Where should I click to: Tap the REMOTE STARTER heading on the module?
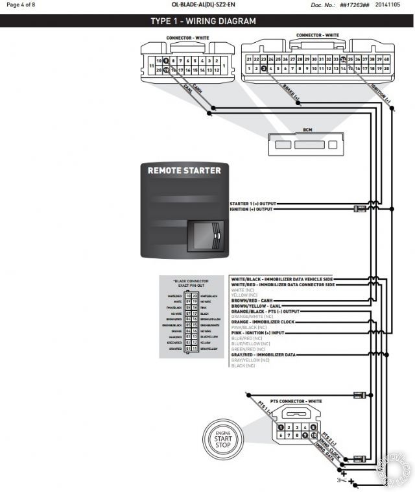tap(184, 171)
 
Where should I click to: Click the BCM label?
tap(307, 130)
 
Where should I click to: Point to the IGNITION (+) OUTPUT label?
tap(252, 209)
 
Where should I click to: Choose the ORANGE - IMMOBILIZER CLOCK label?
tap(263, 322)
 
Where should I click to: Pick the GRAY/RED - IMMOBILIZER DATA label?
tap(263, 355)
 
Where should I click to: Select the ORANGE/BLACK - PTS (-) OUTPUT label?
tap(265, 311)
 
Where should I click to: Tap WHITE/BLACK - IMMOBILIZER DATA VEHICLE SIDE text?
tap(281, 278)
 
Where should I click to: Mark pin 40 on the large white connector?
tap(386, 58)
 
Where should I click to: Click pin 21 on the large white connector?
tap(249, 58)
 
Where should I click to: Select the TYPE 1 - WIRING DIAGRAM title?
tap(203, 21)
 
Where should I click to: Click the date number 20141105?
tap(396, 5)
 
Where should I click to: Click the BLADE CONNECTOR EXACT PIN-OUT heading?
tap(191, 284)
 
